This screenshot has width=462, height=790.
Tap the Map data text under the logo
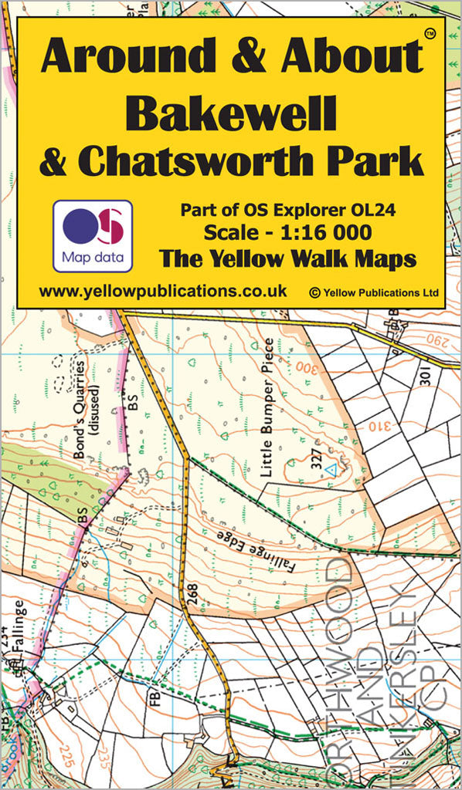tap(92, 256)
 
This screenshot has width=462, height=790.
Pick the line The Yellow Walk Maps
tap(287, 258)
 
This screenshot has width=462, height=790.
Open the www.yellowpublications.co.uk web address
tap(162, 291)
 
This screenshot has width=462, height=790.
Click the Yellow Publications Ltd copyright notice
tap(373, 292)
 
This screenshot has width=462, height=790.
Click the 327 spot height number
tap(315, 461)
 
